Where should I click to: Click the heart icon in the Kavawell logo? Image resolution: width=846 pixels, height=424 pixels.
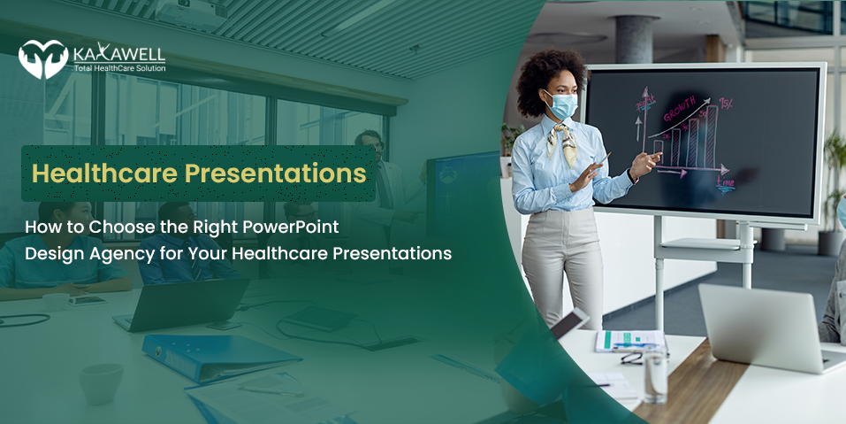(x=43, y=59)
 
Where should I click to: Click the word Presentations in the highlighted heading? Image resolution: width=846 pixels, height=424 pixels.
(x=275, y=173)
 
